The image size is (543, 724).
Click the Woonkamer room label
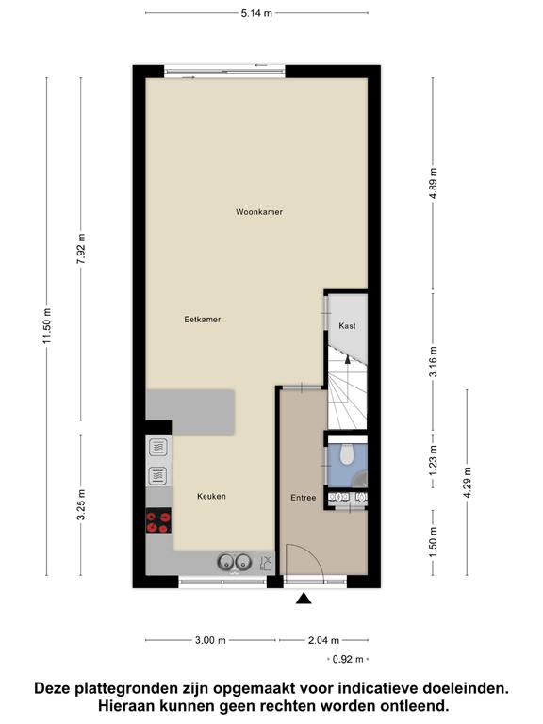(259, 212)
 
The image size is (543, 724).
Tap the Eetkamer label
(203, 319)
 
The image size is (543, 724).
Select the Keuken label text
(211, 497)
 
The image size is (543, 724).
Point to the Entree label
(304, 498)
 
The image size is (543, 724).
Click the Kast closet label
(347, 326)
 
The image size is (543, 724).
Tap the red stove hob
(158, 520)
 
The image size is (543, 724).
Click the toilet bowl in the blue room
(346, 453)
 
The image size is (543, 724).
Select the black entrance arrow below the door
(304, 599)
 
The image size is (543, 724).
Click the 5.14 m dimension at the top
(256, 13)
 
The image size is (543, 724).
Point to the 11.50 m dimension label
(47, 325)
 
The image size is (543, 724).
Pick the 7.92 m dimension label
(81, 249)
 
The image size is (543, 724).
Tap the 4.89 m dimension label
(433, 183)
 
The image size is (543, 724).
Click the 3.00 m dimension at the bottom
(210, 640)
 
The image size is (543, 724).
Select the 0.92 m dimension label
(348, 659)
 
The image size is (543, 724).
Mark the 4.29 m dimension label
(468, 483)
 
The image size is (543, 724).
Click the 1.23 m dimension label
(433, 460)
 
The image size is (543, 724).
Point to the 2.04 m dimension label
(323, 640)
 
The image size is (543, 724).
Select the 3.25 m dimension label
(81, 504)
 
